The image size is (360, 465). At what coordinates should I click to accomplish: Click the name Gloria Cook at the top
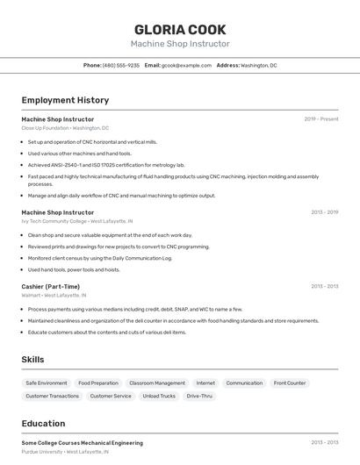point(180,29)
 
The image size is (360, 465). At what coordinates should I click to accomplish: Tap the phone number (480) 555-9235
point(120,65)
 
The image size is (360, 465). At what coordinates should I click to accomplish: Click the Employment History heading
point(65,101)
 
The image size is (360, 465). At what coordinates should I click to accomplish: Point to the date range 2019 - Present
point(321,118)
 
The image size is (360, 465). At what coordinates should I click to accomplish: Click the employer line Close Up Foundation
point(65,127)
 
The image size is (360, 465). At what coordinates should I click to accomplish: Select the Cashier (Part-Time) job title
point(50,286)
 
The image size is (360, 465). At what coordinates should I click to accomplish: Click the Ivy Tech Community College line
point(76,221)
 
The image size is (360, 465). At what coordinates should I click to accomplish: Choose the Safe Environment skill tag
point(47,383)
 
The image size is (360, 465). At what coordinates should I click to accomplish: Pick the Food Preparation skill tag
point(97,383)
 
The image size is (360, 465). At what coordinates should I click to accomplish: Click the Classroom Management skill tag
point(157,383)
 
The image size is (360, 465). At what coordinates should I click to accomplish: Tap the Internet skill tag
point(205,383)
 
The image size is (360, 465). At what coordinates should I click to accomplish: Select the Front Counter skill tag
point(290,383)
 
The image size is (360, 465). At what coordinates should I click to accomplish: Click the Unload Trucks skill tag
point(159,396)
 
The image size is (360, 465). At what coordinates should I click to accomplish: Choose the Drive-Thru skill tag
point(199,396)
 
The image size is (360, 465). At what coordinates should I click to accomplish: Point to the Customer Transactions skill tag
point(52,396)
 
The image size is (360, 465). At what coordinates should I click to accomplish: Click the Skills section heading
point(32,360)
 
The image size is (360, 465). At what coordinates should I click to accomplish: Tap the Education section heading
point(43,424)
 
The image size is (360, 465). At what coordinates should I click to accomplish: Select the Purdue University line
point(65,452)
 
